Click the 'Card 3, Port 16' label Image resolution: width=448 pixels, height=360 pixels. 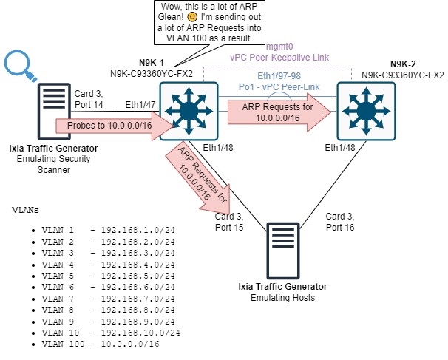point(340,221)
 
